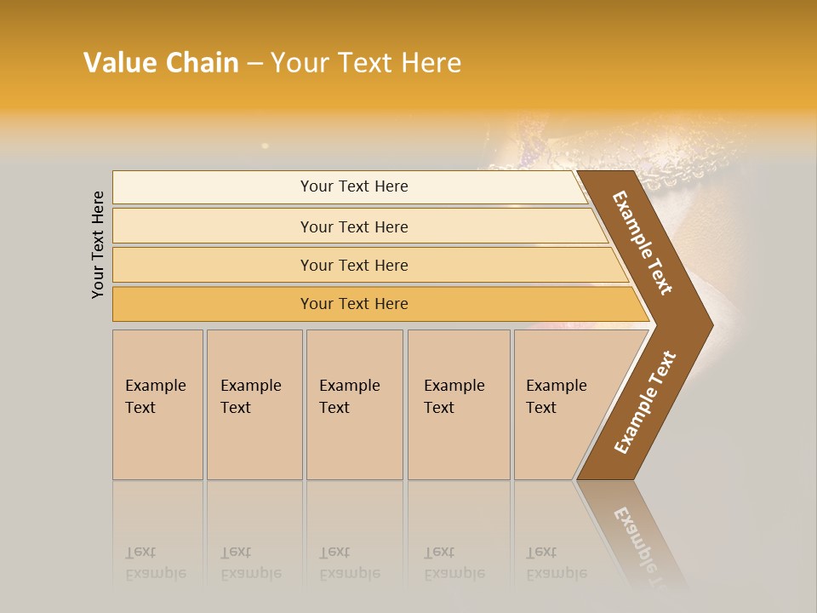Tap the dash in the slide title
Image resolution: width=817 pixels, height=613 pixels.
tap(254, 64)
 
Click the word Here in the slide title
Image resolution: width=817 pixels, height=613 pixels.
tap(431, 63)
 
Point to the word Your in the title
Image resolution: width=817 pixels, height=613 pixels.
tap(296, 63)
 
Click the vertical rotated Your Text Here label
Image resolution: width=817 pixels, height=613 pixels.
tap(98, 245)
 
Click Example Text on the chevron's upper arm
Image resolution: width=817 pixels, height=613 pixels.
tap(643, 243)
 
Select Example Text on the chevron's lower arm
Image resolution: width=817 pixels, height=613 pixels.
tap(645, 402)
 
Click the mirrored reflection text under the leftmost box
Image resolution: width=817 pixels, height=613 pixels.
tap(156, 564)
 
